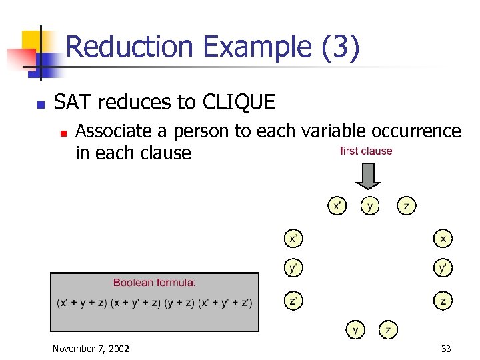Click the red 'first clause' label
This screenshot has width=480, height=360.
coord(366,151)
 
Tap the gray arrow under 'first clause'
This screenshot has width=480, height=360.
coord(367,175)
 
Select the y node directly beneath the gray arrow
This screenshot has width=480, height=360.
coord(369,206)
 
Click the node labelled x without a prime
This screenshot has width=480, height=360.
coord(443,237)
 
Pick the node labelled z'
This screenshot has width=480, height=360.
coord(293,301)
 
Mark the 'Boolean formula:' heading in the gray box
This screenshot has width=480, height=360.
coord(155,283)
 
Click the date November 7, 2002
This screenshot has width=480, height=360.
coord(91,349)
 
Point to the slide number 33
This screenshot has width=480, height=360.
coord(445,349)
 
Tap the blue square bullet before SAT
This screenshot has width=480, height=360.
coord(40,105)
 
